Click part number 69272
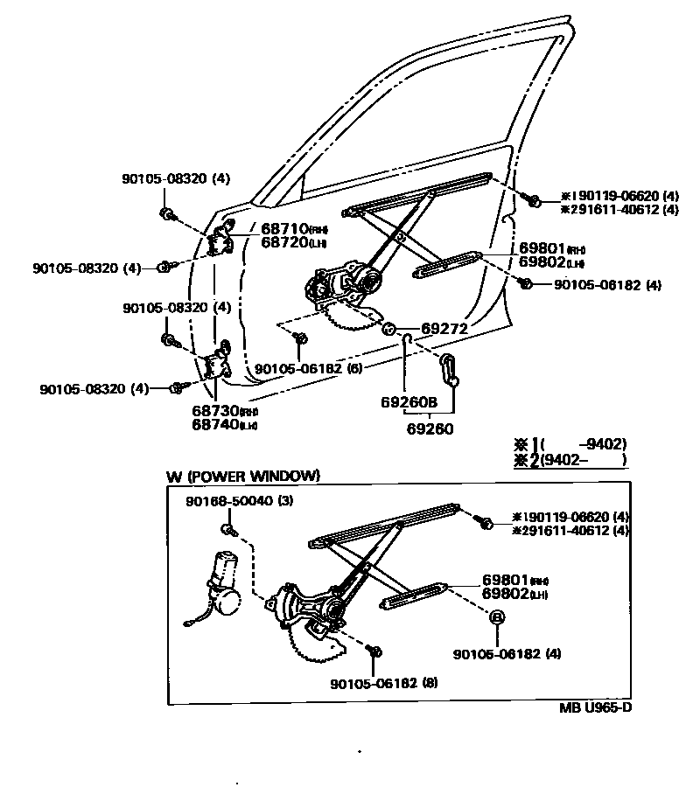pos(445,329)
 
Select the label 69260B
pos(408,402)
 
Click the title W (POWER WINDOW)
pos(243,476)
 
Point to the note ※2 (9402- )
pos(572,459)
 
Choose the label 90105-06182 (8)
pos(383,682)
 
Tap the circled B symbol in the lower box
pos(497,618)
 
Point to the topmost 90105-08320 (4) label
pos(176,178)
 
